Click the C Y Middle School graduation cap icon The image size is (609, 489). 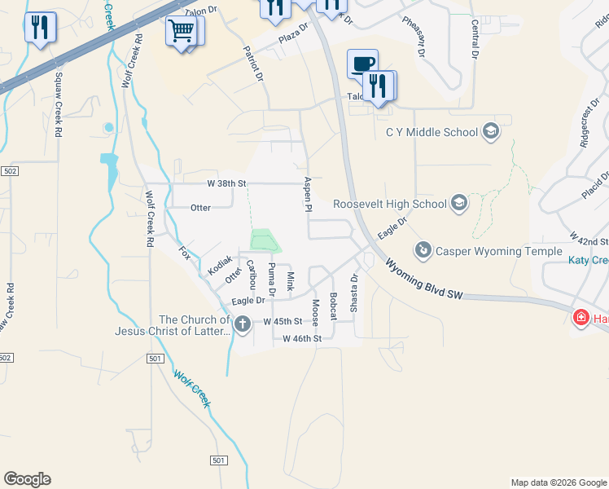point(491,131)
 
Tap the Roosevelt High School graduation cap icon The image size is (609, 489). point(459,203)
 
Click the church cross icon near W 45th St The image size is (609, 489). point(242,325)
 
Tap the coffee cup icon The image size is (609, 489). point(362,64)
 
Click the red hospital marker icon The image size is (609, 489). point(581,318)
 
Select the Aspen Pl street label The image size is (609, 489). point(309,196)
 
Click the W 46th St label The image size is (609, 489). point(302,338)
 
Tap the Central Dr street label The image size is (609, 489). point(475,39)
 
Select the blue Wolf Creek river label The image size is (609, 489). point(192,389)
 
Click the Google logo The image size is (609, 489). point(27,479)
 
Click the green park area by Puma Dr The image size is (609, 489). point(264,241)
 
